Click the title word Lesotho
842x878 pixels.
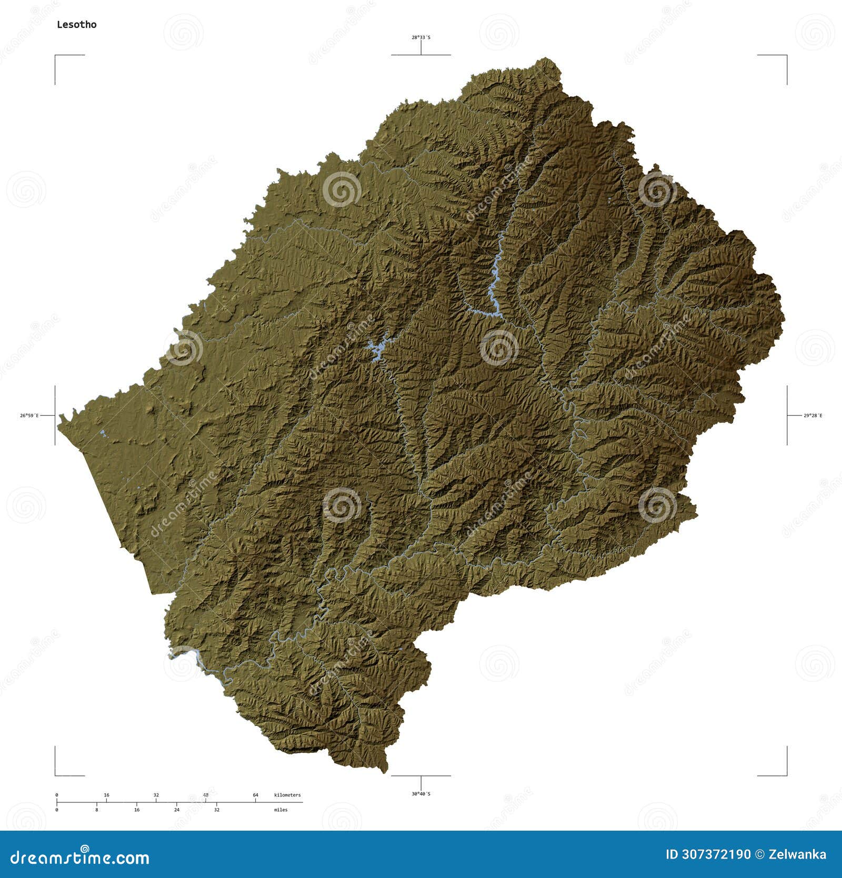click(77, 24)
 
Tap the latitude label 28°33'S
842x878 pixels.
click(420, 37)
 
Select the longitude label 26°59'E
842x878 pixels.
click(29, 416)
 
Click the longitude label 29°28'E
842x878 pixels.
click(813, 416)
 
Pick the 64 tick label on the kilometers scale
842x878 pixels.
click(256, 794)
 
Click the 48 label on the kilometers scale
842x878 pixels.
click(206, 794)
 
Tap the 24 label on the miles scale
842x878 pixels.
click(177, 810)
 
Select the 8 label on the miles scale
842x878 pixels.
click(97, 810)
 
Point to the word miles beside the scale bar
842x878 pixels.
click(281, 810)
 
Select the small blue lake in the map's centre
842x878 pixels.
click(376, 349)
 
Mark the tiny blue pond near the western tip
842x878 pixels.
click(103, 434)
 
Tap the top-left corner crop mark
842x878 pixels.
click(56, 56)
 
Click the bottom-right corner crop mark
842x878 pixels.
click(786, 774)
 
